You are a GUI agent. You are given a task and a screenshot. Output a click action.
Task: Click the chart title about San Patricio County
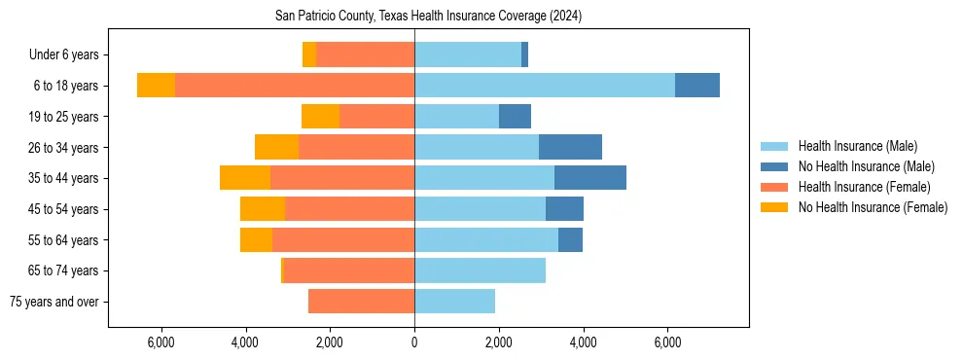pyautogui.click(x=414, y=16)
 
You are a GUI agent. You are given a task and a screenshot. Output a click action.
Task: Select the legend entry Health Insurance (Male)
pyautogui.click(x=857, y=146)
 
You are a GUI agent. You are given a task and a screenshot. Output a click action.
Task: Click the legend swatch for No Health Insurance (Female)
pyautogui.click(x=775, y=207)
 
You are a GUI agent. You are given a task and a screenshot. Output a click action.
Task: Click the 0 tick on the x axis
pyautogui.click(x=414, y=342)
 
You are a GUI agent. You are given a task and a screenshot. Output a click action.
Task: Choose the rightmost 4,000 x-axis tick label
pyautogui.click(x=584, y=342)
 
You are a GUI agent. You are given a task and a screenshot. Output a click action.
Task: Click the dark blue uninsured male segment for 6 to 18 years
pyautogui.click(x=696, y=86)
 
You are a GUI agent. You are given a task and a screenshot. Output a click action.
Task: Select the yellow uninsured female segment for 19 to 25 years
pyautogui.click(x=320, y=117)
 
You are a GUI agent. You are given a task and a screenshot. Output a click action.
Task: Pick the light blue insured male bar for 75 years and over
pyautogui.click(x=454, y=302)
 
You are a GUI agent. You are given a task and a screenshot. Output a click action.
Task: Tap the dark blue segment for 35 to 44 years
pyautogui.click(x=589, y=178)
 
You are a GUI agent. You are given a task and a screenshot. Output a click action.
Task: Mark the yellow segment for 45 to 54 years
pyautogui.click(x=263, y=209)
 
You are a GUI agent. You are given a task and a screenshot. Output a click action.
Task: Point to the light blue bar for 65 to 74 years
pyautogui.click(x=480, y=270)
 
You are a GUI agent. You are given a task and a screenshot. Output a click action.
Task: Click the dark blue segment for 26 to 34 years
pyautogui.click(x=570, y=147)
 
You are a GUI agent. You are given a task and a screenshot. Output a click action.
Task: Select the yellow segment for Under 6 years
pyautogui.click(x=309, y=55)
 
